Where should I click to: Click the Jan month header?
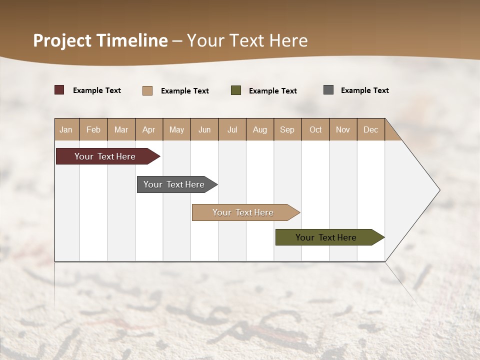[66, 129]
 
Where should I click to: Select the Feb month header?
[93, 129]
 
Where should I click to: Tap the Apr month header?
[148, 129]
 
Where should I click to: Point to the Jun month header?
[204, 129]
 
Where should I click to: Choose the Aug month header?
[259, 129]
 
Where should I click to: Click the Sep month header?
[287, 129]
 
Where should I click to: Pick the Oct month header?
[315, 129]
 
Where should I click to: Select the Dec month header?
[370, 129]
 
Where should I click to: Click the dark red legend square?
[59, 90]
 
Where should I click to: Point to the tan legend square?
[147, 90]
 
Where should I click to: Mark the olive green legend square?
[236, 90]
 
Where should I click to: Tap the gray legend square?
[328, 90]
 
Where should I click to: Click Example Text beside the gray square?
[364, 90]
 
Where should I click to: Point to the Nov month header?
[343, 129]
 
